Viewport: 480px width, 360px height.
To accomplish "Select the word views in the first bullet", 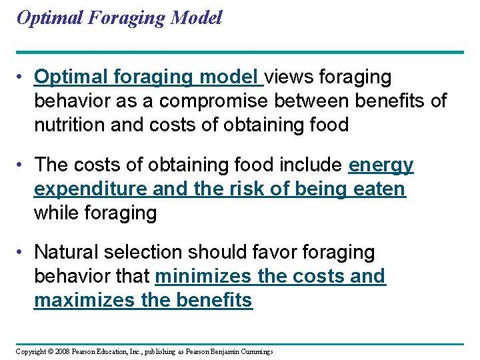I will [x=291, y=77].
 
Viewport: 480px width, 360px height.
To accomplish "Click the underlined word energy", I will [x=381, y=165].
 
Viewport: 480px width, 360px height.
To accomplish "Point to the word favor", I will [x=275, y=253].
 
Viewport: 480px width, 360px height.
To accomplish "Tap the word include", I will [x=312, y=165].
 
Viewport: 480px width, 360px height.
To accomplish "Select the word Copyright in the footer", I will [x=31, y=351].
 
